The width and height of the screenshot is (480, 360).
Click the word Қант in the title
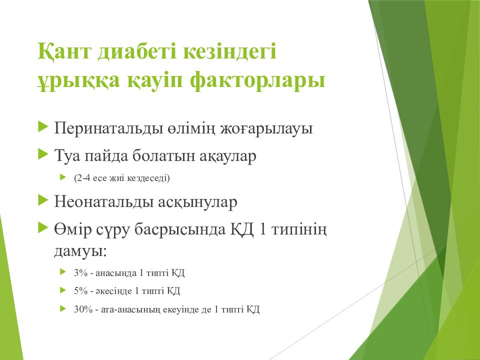(64, 51)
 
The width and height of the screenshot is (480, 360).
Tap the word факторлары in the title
(257, 80)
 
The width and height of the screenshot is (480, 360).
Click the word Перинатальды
(108, 128)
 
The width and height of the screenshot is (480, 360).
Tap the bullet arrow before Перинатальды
(43, 126)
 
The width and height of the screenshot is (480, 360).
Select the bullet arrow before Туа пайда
(43, 154)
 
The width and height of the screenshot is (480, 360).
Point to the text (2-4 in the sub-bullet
(82, 178)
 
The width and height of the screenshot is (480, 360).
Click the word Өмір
(73, 229)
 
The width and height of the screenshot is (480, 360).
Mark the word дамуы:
(80, 251)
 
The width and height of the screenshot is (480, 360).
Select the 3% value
(81, 272)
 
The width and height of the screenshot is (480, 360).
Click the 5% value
(81, 290)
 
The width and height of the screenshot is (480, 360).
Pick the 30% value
(83, 309)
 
